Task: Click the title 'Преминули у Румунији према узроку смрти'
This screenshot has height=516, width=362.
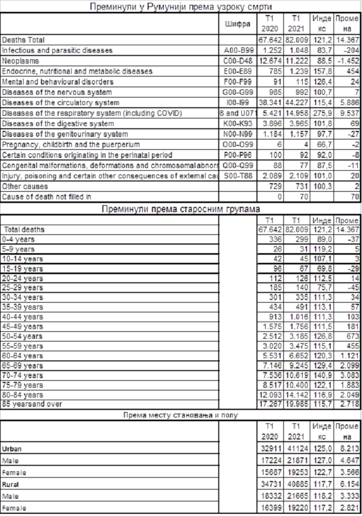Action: [x=180, y=6]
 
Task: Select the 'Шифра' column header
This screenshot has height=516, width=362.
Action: [x=235, y=24]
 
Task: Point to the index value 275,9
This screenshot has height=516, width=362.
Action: [x=321, y=113]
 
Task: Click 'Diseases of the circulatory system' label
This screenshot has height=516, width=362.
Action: [x=61, y=102]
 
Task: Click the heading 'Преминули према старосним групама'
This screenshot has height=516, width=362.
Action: [x=180, y=209]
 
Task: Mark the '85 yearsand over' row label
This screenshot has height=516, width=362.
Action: [x=32, y=403]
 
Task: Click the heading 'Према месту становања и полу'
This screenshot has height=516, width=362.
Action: [x=180, y=415]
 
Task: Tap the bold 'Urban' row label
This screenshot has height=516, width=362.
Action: [x=12, y=448]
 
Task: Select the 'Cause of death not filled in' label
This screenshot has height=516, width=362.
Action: [x=47, y=197]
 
